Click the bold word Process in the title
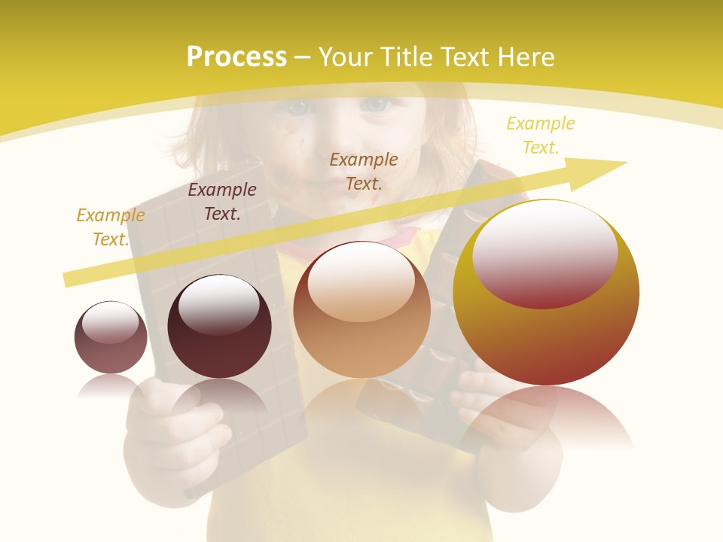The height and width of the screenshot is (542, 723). point(236,57)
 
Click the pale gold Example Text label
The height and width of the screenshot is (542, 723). point(111,227)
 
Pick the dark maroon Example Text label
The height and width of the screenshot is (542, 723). point(222,202)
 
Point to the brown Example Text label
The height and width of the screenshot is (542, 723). point(364,171)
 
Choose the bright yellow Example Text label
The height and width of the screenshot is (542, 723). point(541,135)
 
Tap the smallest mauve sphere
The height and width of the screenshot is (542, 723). point(111,337)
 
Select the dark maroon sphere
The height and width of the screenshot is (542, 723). point(219,327)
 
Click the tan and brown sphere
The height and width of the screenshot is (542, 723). point(361,310)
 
